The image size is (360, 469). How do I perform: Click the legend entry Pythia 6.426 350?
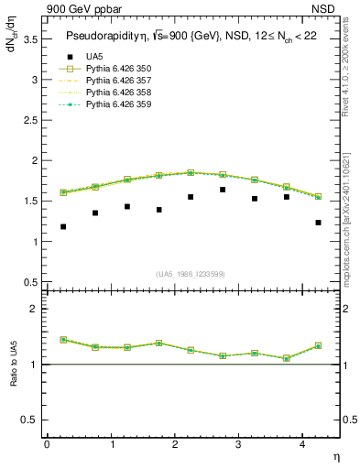(119, 69)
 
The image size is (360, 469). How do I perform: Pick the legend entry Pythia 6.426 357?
(119, 81)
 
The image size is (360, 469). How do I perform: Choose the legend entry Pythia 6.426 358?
(119, 93)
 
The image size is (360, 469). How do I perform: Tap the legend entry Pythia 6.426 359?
(119, 104)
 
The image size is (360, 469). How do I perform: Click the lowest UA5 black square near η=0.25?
(63, 226)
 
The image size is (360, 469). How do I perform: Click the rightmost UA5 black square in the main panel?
(318, 223)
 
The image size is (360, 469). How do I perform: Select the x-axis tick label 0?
(47, 443)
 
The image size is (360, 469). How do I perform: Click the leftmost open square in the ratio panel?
(63, 340)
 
